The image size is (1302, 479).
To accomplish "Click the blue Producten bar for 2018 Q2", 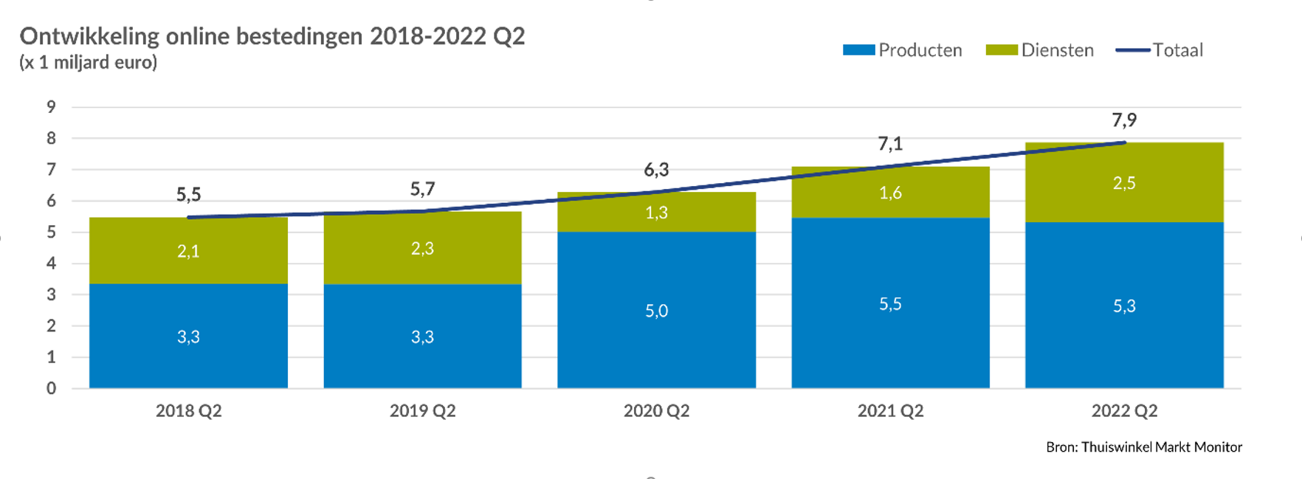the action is coord(188,336).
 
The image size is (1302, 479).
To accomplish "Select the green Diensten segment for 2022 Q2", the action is coord(1124,182).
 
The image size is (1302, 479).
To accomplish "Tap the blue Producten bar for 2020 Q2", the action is coord(656,310).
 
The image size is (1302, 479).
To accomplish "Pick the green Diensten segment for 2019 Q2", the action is coord(422,248).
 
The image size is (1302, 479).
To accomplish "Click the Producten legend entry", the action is coord(903,50).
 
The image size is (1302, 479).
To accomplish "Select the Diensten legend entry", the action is coord(1040,50).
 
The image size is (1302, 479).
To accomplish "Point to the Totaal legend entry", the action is coord(1160,50).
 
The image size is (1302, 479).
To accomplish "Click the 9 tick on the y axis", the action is coord(51,107).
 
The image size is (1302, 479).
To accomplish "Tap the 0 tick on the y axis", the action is coord(51,388).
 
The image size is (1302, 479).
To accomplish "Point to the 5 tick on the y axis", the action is coord(51,232).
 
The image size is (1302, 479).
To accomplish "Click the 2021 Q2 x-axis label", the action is coord(890,411).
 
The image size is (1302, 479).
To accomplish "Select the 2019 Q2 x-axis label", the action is coord(422,411).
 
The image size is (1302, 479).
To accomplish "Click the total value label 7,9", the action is coord(1124,120).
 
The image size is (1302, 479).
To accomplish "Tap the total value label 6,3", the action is coord(656,170).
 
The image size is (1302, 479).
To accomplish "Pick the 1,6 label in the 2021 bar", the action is coord(890,193).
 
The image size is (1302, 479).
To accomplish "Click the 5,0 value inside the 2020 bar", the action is coord(656,311).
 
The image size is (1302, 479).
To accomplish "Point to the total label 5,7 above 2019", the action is coord(422,189).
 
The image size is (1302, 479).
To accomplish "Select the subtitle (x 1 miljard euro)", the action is coord(88,63).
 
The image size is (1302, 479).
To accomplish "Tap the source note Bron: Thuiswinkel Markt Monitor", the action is coord(1144,447).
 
